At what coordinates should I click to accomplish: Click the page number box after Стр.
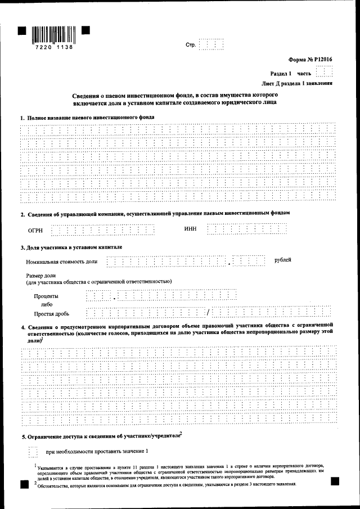pyautogui.click(x=211, y=44)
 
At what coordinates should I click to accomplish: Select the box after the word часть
pyautogui.click(x=324, y=73)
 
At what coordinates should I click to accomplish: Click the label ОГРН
pyautogui.click(x=35, y=230)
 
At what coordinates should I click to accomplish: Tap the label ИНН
pyautogui.click(x=190, y=228)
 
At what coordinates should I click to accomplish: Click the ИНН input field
pyautogui.click(x=247, y=228)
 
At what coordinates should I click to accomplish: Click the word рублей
pyautogui.click(x=283, y=260)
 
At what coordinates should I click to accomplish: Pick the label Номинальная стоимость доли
pyautogui.click(x=61, y=262)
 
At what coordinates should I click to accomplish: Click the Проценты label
pyautogui.click(x=46, y=296)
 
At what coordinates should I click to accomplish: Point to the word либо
pyautogui.click(x=46, y=304)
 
